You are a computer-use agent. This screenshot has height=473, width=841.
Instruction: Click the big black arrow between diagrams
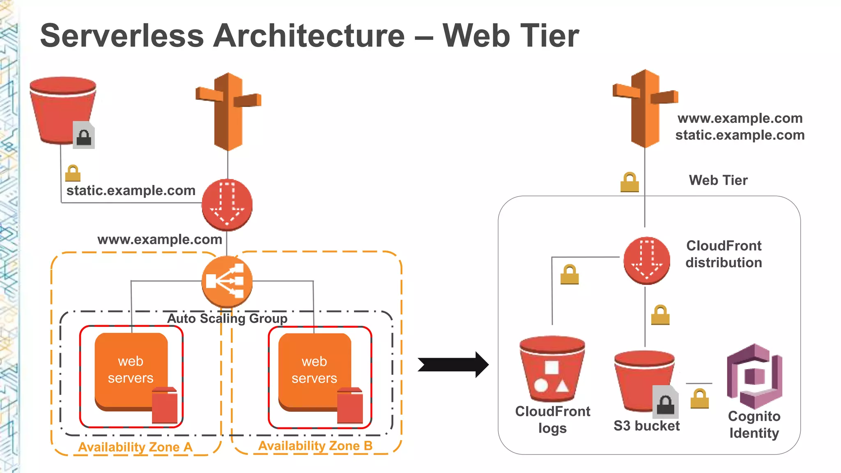point(453,365)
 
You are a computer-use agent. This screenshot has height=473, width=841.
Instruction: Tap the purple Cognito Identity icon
point(754,376)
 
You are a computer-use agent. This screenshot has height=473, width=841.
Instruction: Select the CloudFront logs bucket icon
point(552,369)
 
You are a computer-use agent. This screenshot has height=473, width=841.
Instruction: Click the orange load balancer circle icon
point(227,281)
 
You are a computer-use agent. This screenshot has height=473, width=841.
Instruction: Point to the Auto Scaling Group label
point(227,319)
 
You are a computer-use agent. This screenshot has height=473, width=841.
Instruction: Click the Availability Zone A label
point(135,447)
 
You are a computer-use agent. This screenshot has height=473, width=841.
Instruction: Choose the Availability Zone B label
point(315,445)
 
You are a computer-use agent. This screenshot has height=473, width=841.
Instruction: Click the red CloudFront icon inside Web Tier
point(647,260)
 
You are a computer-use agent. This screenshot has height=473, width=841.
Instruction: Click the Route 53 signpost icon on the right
point(645,108)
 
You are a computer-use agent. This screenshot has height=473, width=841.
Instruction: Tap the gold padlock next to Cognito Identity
point(700,399)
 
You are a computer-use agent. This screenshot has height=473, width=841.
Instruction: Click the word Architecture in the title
point(309,36)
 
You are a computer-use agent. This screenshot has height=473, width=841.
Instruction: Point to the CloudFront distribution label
point(724,254)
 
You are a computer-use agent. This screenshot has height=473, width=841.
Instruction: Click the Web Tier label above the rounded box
point(718,180)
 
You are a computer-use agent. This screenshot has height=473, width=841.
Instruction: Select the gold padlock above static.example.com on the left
point(73,173)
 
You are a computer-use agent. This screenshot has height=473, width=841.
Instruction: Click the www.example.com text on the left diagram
point(159,239)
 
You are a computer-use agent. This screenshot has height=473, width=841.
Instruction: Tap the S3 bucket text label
point(646,426)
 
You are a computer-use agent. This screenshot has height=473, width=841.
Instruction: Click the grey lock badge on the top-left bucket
point(84,135)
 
